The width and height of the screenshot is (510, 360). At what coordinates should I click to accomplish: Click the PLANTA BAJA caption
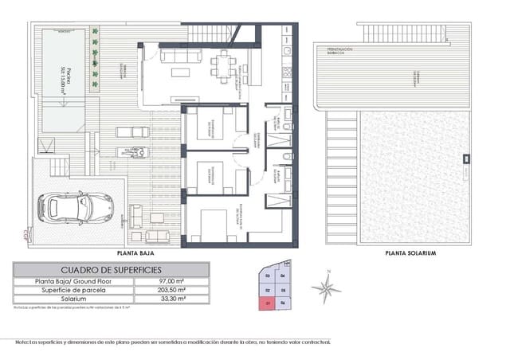tap(135, 252)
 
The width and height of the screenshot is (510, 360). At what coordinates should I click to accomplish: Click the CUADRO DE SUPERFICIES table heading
tap(111, 270)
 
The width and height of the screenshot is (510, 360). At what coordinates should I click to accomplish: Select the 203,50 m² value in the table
tap(172, 291)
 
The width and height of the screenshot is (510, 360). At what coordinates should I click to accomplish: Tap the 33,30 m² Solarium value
tap(172, 299)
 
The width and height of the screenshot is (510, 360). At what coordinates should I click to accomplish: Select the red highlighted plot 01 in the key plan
tap(268, 303)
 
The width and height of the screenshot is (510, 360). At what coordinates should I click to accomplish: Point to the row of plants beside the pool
tap(95, 60)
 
